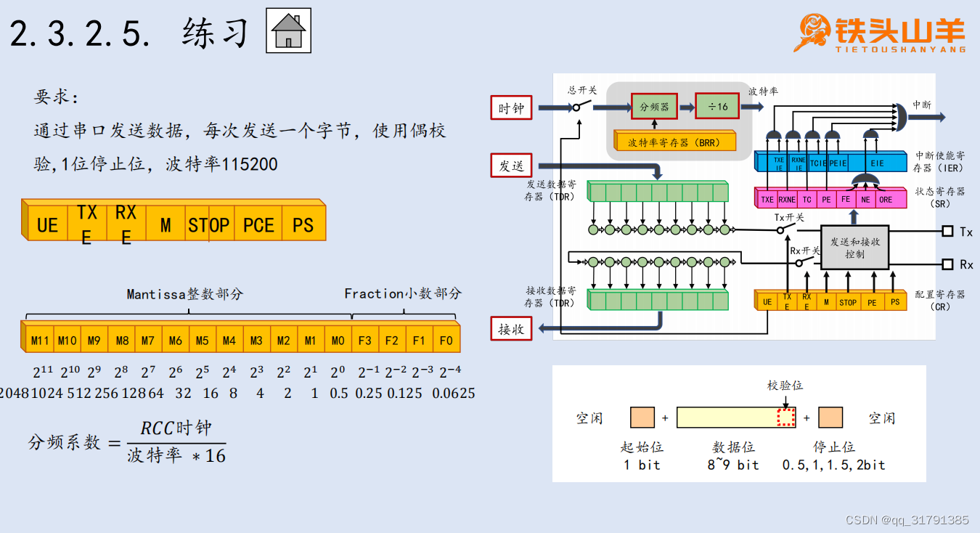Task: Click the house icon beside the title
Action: (288, 30)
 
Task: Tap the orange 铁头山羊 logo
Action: (881, 33)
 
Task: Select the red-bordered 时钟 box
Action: (511, 108)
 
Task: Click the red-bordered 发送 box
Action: (511, 166)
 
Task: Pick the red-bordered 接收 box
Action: (511, 329)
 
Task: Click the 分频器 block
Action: (654, 107)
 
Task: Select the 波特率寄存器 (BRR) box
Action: (674, 142)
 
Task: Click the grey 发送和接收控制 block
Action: (854, 248)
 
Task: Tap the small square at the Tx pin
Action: (947, 232)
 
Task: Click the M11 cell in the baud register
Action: (40, 341)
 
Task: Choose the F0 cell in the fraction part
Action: (445, 341)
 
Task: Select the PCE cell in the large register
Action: (258, 225)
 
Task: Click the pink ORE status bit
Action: (886, 199)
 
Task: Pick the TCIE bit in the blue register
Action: (818, 164)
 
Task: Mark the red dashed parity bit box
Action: (786, 418)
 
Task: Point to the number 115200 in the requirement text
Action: (249, 164)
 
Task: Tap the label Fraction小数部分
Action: (402, 293)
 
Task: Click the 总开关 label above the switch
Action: (582, 90)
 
